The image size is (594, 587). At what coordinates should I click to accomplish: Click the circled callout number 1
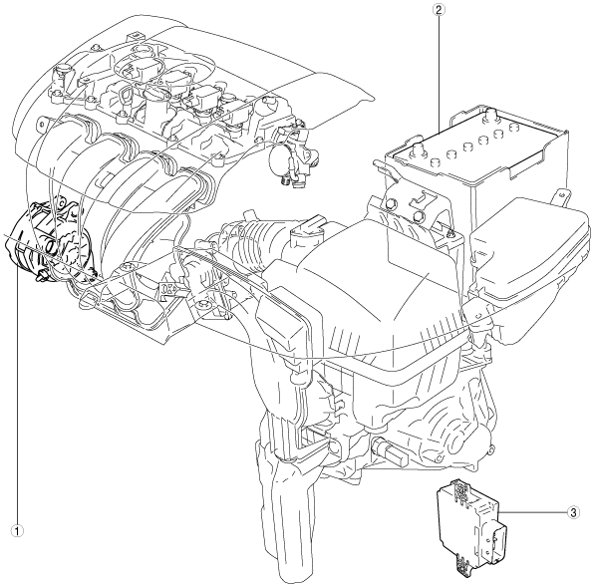(x=17, y=530)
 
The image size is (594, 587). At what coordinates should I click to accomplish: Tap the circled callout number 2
(x=439, y=9)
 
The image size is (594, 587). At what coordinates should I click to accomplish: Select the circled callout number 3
(x=573, y=513)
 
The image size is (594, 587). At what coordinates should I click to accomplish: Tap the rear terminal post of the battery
(x=489, y=114)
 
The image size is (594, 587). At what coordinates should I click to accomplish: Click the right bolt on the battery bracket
(x=418, y=216)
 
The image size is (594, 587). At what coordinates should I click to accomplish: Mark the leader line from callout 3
(x=532, y=513)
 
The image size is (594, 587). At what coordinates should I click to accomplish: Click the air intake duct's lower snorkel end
(x=288, y=530)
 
